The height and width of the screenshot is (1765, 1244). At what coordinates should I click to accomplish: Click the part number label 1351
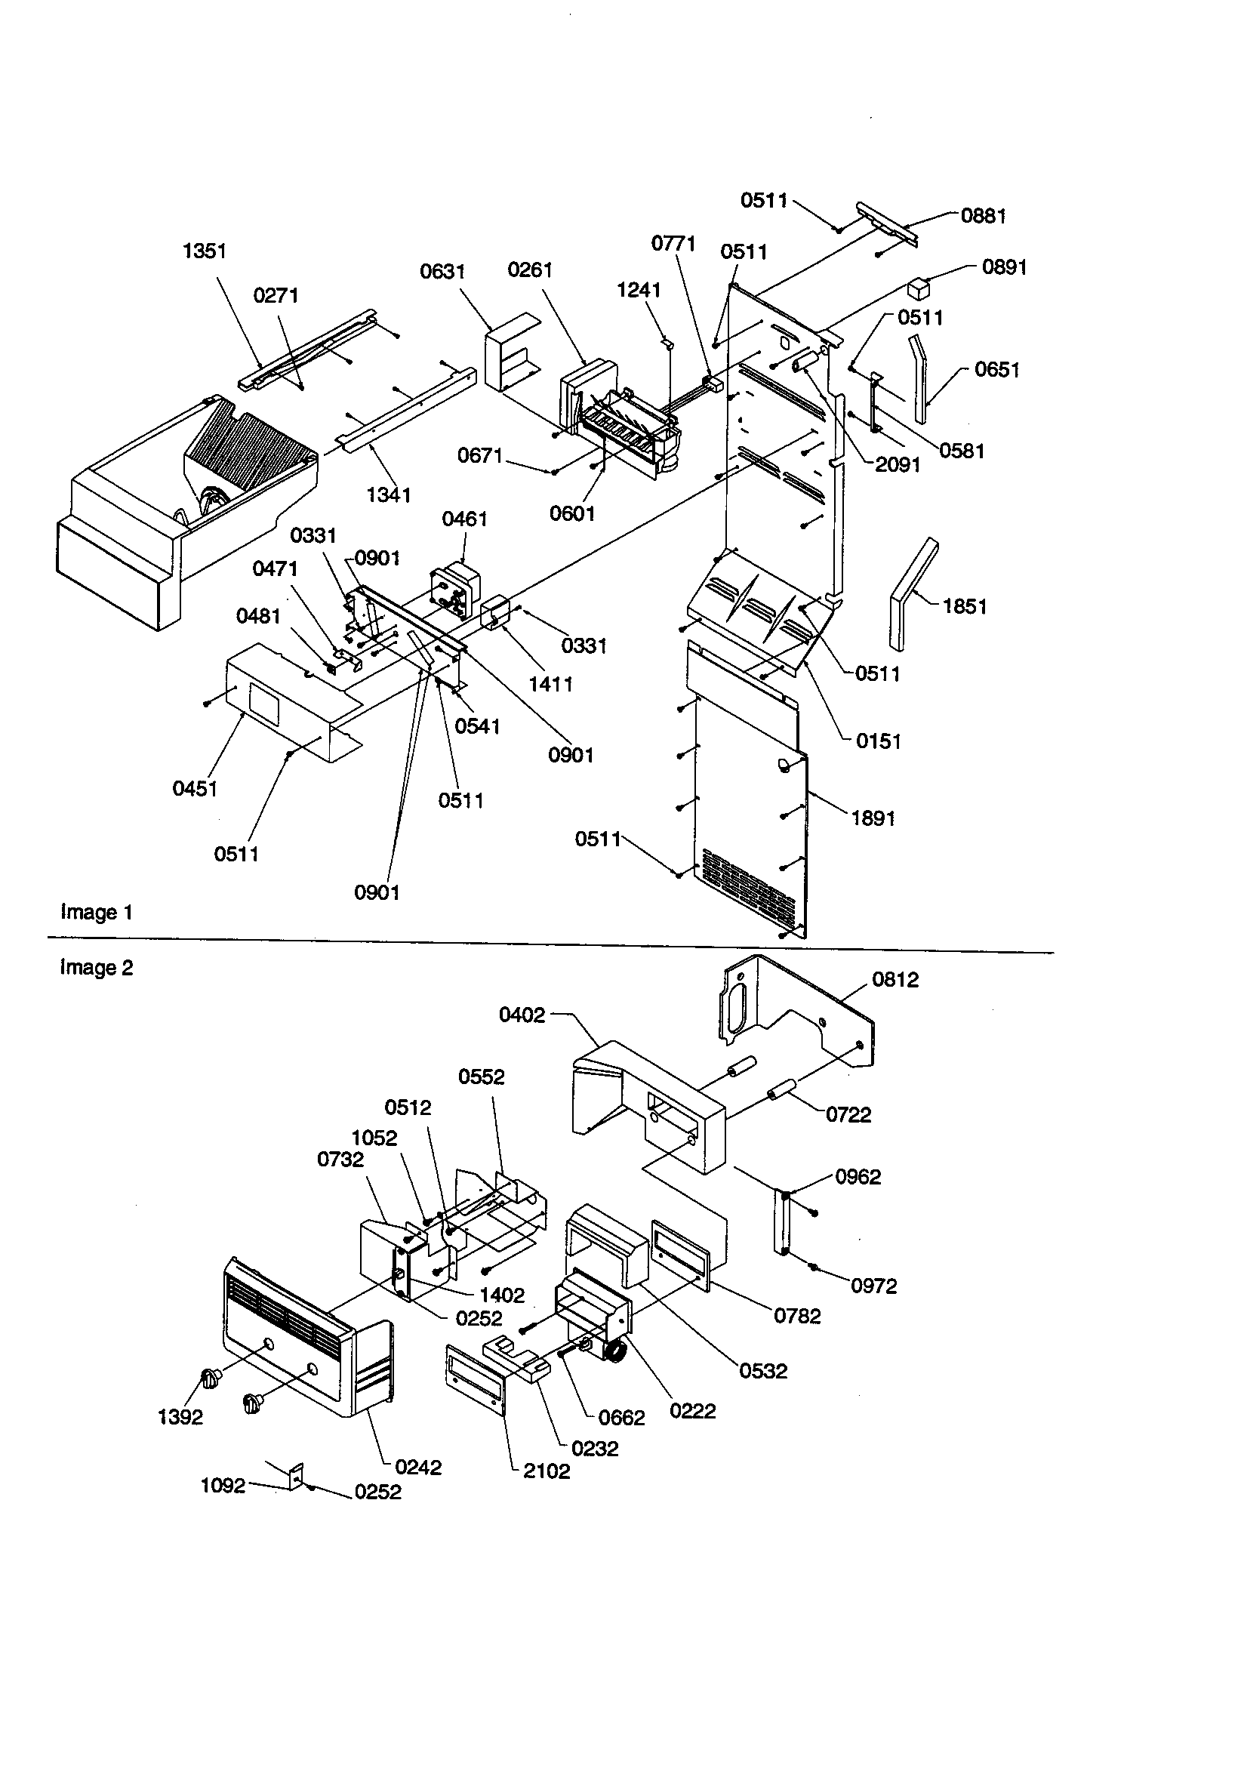[x=205, y=251]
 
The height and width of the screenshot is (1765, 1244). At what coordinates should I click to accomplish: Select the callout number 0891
[x=1004, y=267]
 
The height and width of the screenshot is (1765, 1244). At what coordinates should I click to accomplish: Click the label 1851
[x=964, y=606]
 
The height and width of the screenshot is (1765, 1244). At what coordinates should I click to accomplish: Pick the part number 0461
[x=464, y=519]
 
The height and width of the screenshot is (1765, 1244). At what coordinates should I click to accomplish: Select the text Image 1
[x=97, y=913]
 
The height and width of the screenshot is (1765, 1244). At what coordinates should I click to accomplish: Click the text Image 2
[x=97, y=968]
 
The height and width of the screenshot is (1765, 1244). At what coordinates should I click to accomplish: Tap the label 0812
[x=895, y=979]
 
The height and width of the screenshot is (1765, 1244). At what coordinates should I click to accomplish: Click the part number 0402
[x=522, y=1015]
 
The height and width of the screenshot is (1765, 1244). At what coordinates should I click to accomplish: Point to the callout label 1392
[x=180, y=1418]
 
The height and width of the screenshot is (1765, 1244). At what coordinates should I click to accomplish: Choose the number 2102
[x=547, y=1471]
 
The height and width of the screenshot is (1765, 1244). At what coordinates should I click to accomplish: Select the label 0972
[x=873, y=1286]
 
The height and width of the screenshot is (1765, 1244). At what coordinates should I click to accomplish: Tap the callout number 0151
[x=878, y=742]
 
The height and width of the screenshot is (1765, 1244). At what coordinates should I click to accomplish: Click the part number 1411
[x=550, y=684]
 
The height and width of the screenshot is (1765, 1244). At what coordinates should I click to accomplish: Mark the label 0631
[x=442, y=271]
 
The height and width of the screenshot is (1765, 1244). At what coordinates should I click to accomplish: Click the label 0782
[x=796, y=1317]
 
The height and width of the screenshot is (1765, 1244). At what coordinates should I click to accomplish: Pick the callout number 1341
[x=388, y=495]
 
